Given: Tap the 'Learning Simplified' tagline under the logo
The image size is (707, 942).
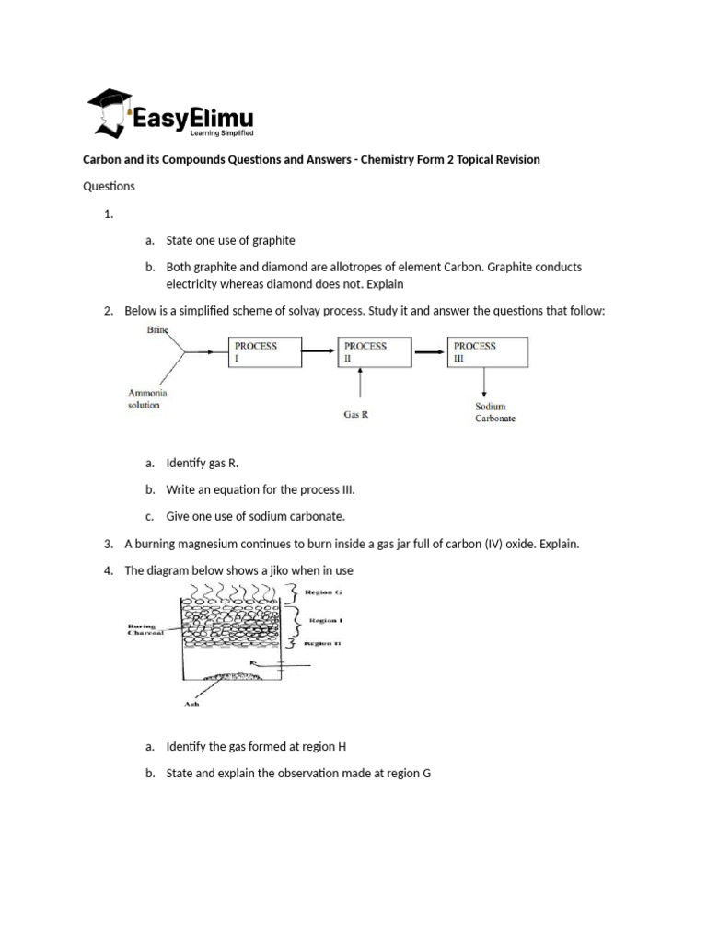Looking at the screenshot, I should tap(221, 133).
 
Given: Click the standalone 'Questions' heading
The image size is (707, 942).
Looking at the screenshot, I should tap(110, 186).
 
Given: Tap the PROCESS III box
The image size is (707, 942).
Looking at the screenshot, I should tap(487, 352).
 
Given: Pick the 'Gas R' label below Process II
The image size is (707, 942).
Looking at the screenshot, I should tap(356, 414).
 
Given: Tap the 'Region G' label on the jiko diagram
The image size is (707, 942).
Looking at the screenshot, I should tap(319, 592).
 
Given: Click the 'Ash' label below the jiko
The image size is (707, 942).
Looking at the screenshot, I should tap(191, 706).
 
